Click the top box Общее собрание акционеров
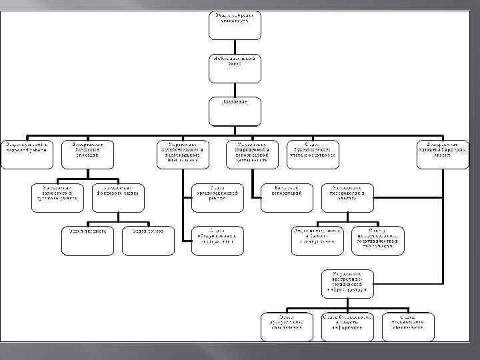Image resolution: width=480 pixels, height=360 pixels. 233,25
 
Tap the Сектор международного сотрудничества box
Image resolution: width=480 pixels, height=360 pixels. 377,239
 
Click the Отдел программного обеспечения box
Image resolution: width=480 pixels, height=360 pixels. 286,325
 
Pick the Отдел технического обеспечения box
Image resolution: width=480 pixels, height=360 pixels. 408,325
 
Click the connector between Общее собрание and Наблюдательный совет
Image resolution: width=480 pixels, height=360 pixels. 233,47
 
